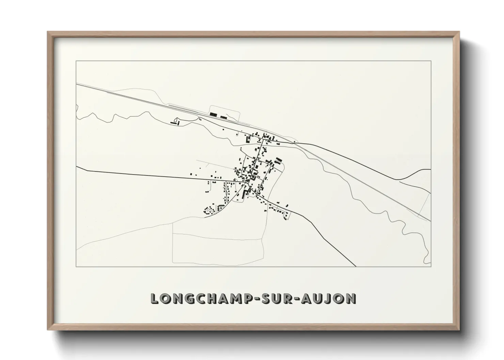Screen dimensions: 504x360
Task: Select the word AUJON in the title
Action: pos(328,298)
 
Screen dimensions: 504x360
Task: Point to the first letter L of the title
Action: pos(154,298)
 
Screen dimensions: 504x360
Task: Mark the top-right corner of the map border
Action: pos(431,61)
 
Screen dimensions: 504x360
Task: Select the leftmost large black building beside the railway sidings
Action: pos(213,114)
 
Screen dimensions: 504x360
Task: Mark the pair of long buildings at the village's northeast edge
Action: pos(279,161)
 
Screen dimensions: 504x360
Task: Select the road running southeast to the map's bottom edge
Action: pos(327,238)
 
